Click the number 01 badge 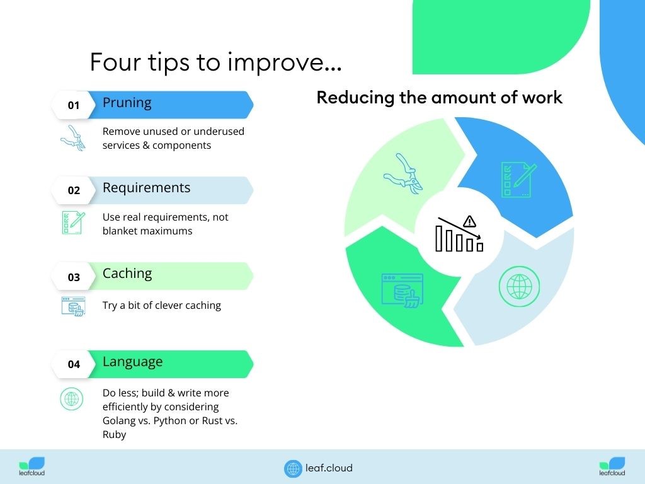pyautogui.click(x=74, y=105)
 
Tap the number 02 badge pyautogui.click(x=74, y=190)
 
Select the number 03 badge pyautogui.click(x=74, y=277)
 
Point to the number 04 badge pyautogui.click(x=74, y=364)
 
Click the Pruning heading pyautogui.click(x=127, y=103)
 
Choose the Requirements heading pyautogui.click(x=146, y=188)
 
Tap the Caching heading pyautogui.click(x=127, y=274)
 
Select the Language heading pyautogui.click(x=132, y=362)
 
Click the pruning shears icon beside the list pyautogui.click(x=73, y=138)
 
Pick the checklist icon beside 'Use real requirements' pyautogui.click(x=73, y=222)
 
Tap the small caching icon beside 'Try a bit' pyautogui.click(x=73, y=306)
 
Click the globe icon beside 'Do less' pyautogui.click(x=72, y=399)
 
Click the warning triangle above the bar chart pyautogui.click(x=469, y=222)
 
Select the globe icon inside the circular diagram pyautogui.click(x=519, y=287)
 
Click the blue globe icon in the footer pyautogui.click(x=293, y=469)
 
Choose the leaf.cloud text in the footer pyautogui.click(x=329, y=468)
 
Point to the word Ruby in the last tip pyautogui.click(x=115, y=435)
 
